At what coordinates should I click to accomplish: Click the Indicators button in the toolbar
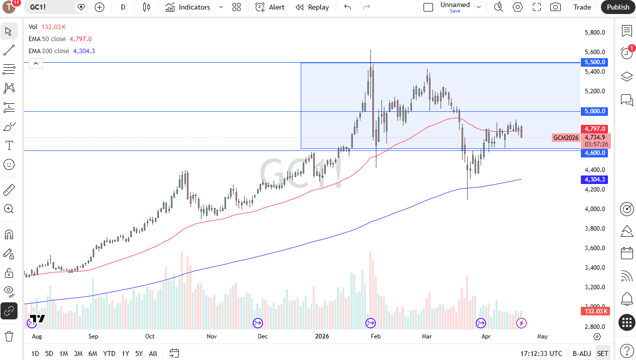(x=188, y=7)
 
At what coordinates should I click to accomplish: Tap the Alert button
(x=270, y=7)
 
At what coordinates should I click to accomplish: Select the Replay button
(x=312, y=7)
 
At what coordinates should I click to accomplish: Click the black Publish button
(x=618, y=7)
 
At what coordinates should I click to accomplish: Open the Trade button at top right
(x=582, y=7)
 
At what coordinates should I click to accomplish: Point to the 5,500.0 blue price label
(x=594, y=62)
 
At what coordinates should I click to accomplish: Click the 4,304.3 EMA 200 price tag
(x=594, y=179)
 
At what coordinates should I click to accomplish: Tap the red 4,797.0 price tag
(x=594, y=129)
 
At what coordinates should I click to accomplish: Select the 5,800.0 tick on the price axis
(x=595, y=33)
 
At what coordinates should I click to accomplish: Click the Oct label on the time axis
(x=150, y=336)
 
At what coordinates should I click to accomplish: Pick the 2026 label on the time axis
(x=322, y=336)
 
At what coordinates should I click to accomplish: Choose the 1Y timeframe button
(x=125, y=353)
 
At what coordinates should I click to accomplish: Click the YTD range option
(x=109, y=353)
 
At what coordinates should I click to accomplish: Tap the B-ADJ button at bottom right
(x=582, y=353)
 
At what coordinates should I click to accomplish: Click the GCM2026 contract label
(x=566, y=137)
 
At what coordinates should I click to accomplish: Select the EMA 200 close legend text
(x=49, y=51)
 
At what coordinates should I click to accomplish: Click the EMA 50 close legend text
(x=47, y=39)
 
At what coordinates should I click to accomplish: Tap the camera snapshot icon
(x=555, y=7)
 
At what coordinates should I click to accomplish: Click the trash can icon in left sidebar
(x=9, y=336)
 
